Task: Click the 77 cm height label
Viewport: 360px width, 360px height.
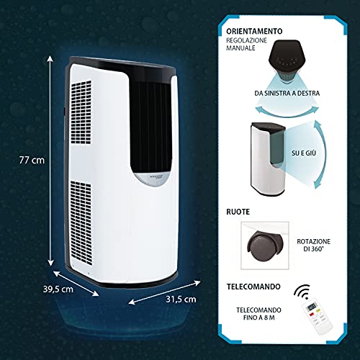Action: tap(32, 160)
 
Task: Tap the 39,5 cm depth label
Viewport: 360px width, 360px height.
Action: tap(58, 289)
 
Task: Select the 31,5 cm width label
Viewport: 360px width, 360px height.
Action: tap(181, 299)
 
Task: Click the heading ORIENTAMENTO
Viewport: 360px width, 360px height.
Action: tap(254, 31)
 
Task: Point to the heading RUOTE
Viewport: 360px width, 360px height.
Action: tap(238, 212)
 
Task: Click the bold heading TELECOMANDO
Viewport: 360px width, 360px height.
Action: tap(253, 287)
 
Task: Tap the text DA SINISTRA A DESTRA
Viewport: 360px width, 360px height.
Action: tap(287, 93)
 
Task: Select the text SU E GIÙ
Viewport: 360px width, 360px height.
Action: tap(304, 153)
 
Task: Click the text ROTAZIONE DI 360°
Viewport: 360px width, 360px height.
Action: tap(314, 245)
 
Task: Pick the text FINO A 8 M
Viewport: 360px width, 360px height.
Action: tap(258, 318)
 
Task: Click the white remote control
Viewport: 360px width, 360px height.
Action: tap(317, 318)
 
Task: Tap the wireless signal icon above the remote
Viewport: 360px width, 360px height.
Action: tap(302, 291)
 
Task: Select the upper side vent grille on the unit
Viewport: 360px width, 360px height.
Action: tap(81, 112)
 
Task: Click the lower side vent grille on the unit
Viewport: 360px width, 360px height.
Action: tap(81, 223)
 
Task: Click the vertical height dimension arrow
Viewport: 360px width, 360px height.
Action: tap(50, 161)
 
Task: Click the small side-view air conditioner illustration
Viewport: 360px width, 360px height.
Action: tap(268, 159)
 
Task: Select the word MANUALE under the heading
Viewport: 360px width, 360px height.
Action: tap(240, 48)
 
